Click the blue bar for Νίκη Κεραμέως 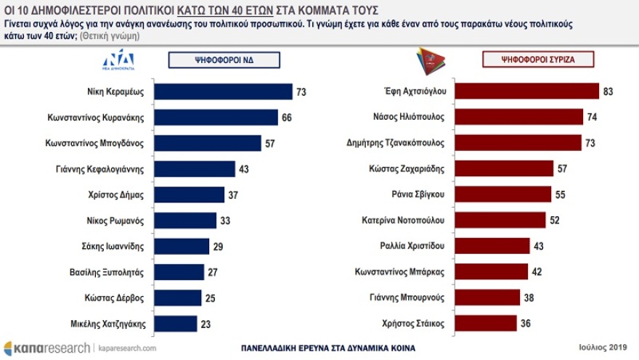[x=223, y=91]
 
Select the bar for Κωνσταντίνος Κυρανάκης [x=216, y=118]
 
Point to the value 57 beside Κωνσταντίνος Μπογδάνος [x=269, y=143]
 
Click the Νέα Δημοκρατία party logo [x=118, y=60]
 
